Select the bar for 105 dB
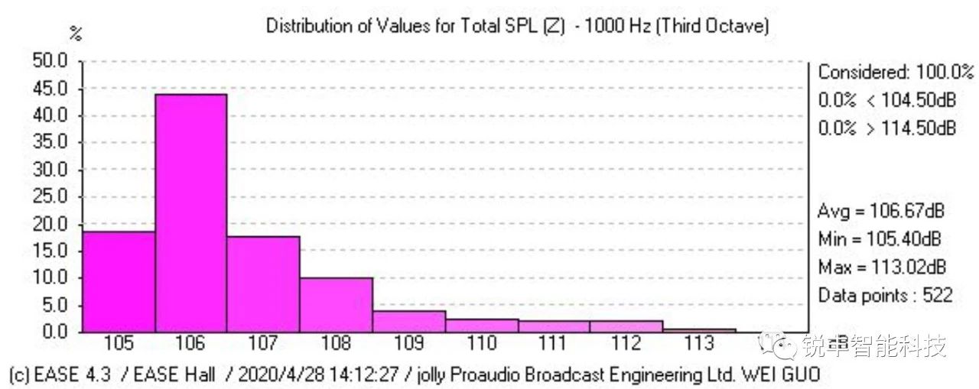click(x=119, y=281)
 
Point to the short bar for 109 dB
click(x=408, y=321)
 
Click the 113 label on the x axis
click(x=699, y=344)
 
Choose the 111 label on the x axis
click(x=553, y=344)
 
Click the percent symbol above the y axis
click(x=75, y=34)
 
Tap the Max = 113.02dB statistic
click(x=881, y=267)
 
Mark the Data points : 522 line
click(x=885, y=295)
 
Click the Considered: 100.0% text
click(x=896, y=73)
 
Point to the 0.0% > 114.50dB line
click(x=886, y=128)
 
